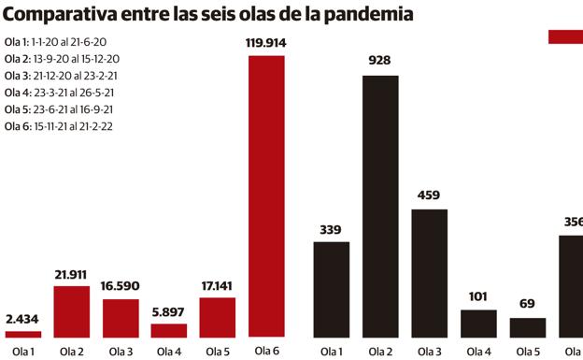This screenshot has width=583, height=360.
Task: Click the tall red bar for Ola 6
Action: (x=266, y=195)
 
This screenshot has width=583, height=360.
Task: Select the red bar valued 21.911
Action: (x=72, y=310)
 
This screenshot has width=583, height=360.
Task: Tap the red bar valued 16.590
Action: (x=121, y=318)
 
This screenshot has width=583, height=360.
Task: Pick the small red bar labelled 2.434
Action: (x=23, y=333)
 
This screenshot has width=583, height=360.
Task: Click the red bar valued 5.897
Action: (x=169, y=330)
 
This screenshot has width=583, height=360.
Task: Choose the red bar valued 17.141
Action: (x=218, y=317)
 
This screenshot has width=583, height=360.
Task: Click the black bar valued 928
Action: (x=380, y=206)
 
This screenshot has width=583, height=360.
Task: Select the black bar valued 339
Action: (x=332, y=289)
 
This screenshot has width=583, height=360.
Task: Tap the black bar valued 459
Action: (x=429, y=272)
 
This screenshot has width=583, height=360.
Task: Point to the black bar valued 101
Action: (x=477, y=323)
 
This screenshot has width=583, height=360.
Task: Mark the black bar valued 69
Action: (x=527, y=327)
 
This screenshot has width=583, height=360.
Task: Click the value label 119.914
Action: (x=266, y=42)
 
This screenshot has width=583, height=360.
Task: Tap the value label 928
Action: (x=380, y=61)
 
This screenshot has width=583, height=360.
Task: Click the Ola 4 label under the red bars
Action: (x=169, y=352)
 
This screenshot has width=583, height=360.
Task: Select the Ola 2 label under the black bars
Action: (x=380, y=352)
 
